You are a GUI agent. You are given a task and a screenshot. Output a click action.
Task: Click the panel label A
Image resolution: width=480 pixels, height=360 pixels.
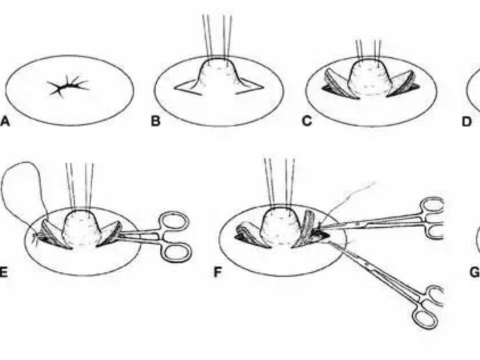coord(5,121)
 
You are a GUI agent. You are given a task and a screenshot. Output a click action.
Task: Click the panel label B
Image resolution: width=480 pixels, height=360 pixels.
coord(155,121)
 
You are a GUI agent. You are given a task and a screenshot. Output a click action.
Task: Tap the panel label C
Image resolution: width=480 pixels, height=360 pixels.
coord(306,121)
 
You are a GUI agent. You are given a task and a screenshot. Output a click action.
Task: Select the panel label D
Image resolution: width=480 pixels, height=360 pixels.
coord(467,121)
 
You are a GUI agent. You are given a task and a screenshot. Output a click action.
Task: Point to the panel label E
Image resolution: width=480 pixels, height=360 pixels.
coord(3,272)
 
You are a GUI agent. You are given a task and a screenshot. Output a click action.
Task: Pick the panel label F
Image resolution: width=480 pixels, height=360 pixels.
coord(217,272)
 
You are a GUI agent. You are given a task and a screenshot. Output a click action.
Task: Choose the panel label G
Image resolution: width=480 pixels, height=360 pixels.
coord(474,272)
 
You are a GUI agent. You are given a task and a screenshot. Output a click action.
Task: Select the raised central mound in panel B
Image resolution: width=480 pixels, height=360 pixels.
coord(218,76)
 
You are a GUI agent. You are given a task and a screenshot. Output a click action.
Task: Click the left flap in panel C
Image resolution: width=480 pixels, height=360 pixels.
coord(336,84)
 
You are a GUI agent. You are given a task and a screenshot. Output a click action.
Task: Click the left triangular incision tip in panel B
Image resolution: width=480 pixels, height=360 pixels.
coord(175,89)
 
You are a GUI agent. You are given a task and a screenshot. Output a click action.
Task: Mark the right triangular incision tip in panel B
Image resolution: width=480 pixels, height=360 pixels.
coord(263,87)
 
